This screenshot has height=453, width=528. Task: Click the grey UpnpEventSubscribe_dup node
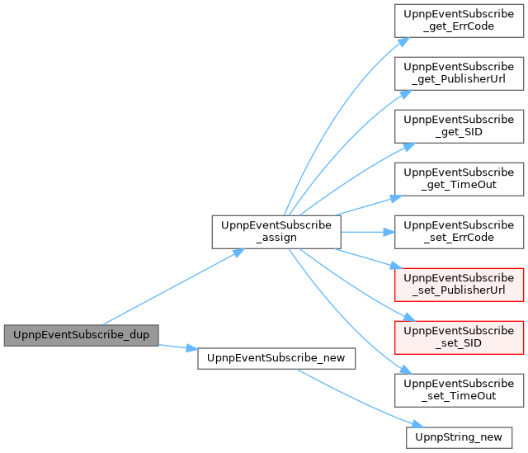(x=81, y=335)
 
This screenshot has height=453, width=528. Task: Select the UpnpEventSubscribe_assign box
(x=276, y=232)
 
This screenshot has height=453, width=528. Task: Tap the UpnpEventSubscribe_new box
(x=276, y=358)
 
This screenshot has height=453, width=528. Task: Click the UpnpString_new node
(x=459, y=437)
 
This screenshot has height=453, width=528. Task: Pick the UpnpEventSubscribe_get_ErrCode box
(x=459, y=21)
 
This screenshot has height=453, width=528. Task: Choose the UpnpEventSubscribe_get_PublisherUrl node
(x=459, y=73)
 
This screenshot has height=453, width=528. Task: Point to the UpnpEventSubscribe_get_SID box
(x=459, y=126)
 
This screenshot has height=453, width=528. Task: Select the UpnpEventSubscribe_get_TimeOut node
(x=459, y=179)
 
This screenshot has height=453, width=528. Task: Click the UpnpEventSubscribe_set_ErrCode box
(x=459, y=232)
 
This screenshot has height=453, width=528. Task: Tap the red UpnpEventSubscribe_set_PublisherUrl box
(x=459, y=285)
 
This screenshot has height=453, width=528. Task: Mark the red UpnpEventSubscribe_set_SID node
(x=459, y=337)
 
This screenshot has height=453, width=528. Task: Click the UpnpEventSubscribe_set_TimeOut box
(x=459, y=390)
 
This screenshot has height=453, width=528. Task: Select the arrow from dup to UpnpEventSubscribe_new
(x=178, y=347)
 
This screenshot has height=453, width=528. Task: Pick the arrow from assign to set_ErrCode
(x=368, y=232)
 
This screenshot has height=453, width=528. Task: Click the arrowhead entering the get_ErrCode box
(x=403, y=41)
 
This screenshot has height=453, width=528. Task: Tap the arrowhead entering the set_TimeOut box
(x=406, y=370)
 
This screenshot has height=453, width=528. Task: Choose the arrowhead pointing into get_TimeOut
(x=396, y=198)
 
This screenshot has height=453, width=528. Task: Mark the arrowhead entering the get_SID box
(x=409, y=147)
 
